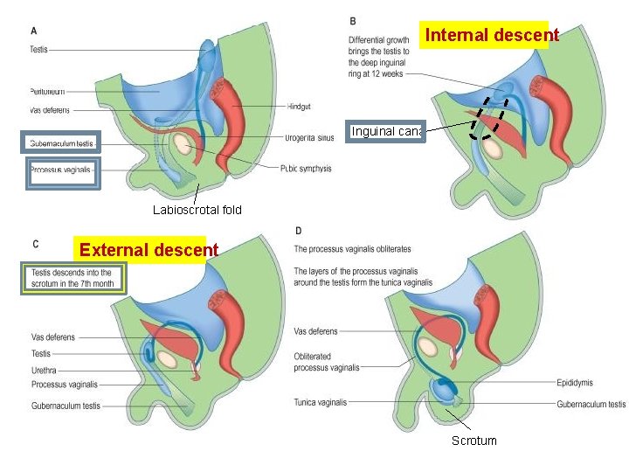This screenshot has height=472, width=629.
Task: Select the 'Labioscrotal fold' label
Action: tap(197, 210)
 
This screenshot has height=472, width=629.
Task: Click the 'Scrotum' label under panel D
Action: tap(473, 441)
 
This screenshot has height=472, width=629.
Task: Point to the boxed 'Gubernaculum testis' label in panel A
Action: tap(61, 142)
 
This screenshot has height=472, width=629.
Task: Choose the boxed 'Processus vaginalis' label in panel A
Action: tap(61, 169)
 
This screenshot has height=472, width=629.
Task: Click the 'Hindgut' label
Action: tap(298, 107)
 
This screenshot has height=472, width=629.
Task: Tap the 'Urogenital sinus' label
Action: tap(308, 137)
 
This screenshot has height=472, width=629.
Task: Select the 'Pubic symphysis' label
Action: tap(306, 168)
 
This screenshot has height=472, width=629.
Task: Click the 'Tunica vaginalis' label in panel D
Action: tap(320, 403)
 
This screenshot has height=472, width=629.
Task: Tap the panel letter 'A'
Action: tap(34, 31)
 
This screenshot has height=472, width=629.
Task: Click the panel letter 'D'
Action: tap(299, 231)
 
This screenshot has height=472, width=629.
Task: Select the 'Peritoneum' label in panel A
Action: tap(46, 91)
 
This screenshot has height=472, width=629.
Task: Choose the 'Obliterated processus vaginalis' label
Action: tap(327, 362)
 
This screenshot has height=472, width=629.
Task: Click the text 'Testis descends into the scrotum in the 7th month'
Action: tap(73, 278)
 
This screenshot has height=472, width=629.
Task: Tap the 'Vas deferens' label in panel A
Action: tap(49, 110)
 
